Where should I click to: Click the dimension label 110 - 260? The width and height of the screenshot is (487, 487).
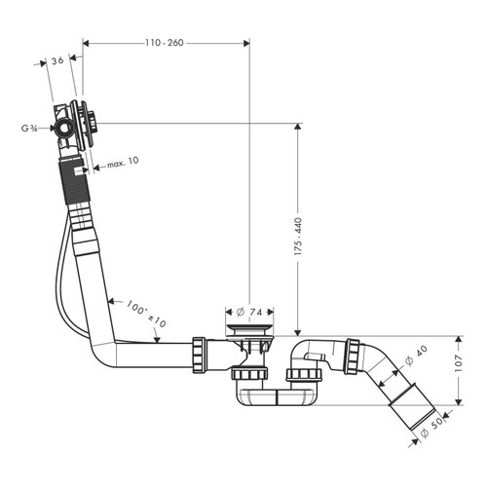coord(164,43)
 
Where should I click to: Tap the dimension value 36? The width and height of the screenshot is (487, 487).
coord(58,60)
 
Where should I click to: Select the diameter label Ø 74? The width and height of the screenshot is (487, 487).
coord(251,313)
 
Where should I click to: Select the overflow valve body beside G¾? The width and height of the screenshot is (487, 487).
coord(66,126)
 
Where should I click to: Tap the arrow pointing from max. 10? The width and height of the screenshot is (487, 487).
coord(96,168)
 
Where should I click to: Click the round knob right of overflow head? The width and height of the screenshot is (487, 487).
coord(97,124)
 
